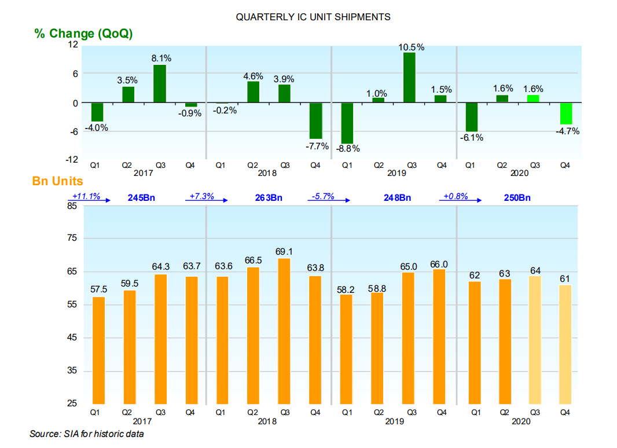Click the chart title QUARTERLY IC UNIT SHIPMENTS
(x=313, y=17)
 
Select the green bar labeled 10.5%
(x=409, y=78)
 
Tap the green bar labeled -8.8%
(x=347, y=123)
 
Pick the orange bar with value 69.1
(x=285, y=331)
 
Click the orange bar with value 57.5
(x=98, y=350)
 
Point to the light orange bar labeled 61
(x=565, y=344)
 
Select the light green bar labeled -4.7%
(x=565, y=113)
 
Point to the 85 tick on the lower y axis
(x=73, y=205)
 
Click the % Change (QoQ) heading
(x=83, y=34)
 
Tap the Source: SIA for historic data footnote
(x=87, y=434)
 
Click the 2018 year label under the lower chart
(x=268, y=422)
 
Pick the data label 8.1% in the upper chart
(x=160, y=58)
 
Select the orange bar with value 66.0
(x=440, y=336)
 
